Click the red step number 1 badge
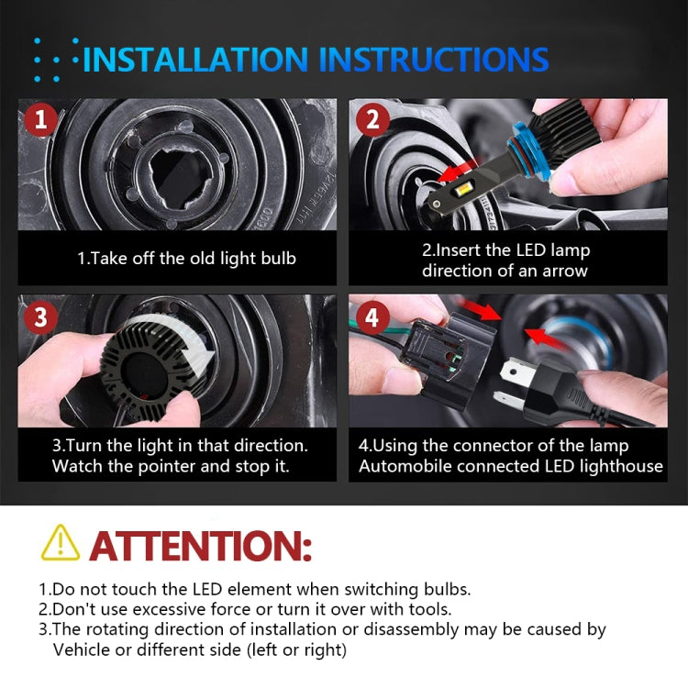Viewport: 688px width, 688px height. click(x=38, y=119)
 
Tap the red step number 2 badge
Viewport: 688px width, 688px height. click(x=372, y=120)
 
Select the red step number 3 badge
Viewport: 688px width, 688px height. click(x=38, y=317)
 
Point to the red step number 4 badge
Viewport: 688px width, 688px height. click(x=372, y=318)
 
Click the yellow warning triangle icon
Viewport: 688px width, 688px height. click(x=60, y=543)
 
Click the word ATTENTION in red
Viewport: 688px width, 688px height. click(x=200, y=545)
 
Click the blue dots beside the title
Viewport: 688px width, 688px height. click(x=55, y=61)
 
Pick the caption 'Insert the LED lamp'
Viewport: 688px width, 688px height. click(x=505, y=250)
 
